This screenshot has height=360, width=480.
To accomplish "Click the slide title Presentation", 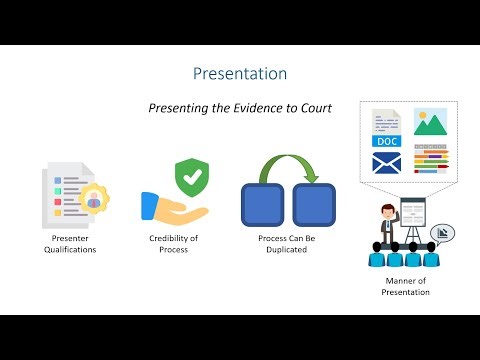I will tap(239, 74).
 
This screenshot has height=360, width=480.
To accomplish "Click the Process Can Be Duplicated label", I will tap(286, 245).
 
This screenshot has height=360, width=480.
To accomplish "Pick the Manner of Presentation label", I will tap(404, 288).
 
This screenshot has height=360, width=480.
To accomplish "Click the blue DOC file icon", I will tap(386, 133).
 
